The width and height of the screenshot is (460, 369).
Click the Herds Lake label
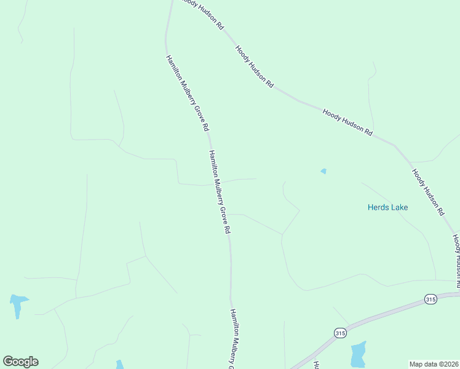coord(387,207)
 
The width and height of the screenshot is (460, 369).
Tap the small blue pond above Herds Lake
coord(323,171)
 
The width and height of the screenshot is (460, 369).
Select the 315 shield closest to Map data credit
coord(430,300)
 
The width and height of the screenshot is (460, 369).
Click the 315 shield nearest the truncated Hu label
coord(340,333)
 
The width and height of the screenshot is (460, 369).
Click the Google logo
coord(20,362)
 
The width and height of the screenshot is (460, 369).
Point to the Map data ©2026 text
coord(434,364)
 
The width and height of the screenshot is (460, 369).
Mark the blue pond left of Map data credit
coord(358,355)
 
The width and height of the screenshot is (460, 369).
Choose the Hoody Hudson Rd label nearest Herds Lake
coord(428,192)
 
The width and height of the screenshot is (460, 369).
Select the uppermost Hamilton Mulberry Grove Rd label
coord(188,93)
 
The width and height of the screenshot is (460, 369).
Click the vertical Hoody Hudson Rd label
coord(456,261)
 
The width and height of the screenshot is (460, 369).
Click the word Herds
coord(377,207)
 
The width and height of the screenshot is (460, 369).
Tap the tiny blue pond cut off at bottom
coord(120,365)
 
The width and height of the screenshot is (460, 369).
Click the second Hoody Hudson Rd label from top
coord(254,66)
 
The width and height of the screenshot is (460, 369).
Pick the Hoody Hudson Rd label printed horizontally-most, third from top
coord(348,122)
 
